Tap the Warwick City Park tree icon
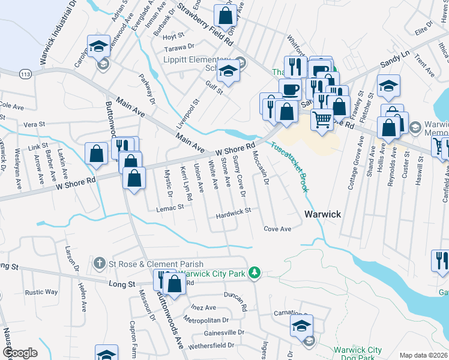pyautogui.click(x=255, y=273)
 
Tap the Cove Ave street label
pyautogui.click(x=277, y=229)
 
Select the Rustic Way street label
pyautogui.click(x=41, y=292)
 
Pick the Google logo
pyautogui.click(x=20, y=353)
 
